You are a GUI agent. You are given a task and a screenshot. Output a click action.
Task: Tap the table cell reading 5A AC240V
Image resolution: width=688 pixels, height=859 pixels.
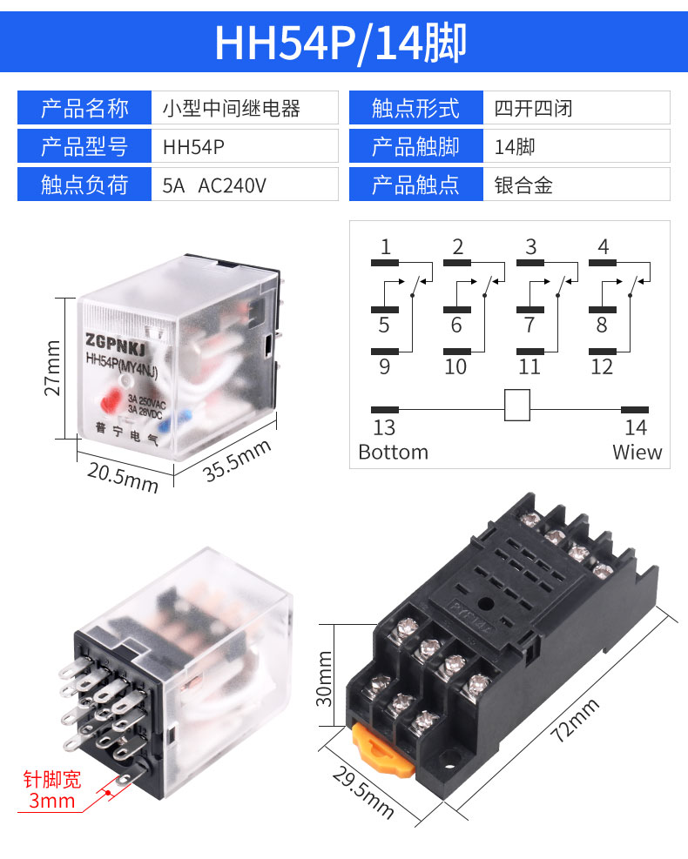[214, 185]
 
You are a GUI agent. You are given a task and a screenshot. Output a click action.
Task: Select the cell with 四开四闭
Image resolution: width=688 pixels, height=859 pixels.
[533, 109]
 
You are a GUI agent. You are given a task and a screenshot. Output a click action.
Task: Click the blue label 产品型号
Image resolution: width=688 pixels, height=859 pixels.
[84, 147]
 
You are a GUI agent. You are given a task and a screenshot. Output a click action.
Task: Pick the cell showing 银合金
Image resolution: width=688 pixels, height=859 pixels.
[523, 185]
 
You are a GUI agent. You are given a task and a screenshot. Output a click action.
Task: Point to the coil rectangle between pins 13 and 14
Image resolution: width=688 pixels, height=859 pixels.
[517, 406]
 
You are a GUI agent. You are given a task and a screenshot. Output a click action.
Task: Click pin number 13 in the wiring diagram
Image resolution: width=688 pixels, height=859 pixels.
[384, 427]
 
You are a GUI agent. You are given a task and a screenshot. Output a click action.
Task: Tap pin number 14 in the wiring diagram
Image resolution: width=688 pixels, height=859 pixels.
[636, 427]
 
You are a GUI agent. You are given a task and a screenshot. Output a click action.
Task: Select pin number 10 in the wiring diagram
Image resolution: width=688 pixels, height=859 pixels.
[455, 366]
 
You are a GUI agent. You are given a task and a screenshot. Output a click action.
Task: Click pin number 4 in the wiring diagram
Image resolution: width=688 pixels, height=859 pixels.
[603, 246]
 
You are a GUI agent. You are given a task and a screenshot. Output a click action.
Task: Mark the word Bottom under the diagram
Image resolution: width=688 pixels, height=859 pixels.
[394, 453]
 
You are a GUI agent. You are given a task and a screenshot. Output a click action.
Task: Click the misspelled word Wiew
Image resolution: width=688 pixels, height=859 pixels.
[637, 453]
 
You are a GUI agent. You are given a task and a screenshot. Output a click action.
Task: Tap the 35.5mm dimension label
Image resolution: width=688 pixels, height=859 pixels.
[238, 459]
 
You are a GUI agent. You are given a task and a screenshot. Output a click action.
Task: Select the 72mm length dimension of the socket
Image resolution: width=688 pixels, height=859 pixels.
[576, 719]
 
